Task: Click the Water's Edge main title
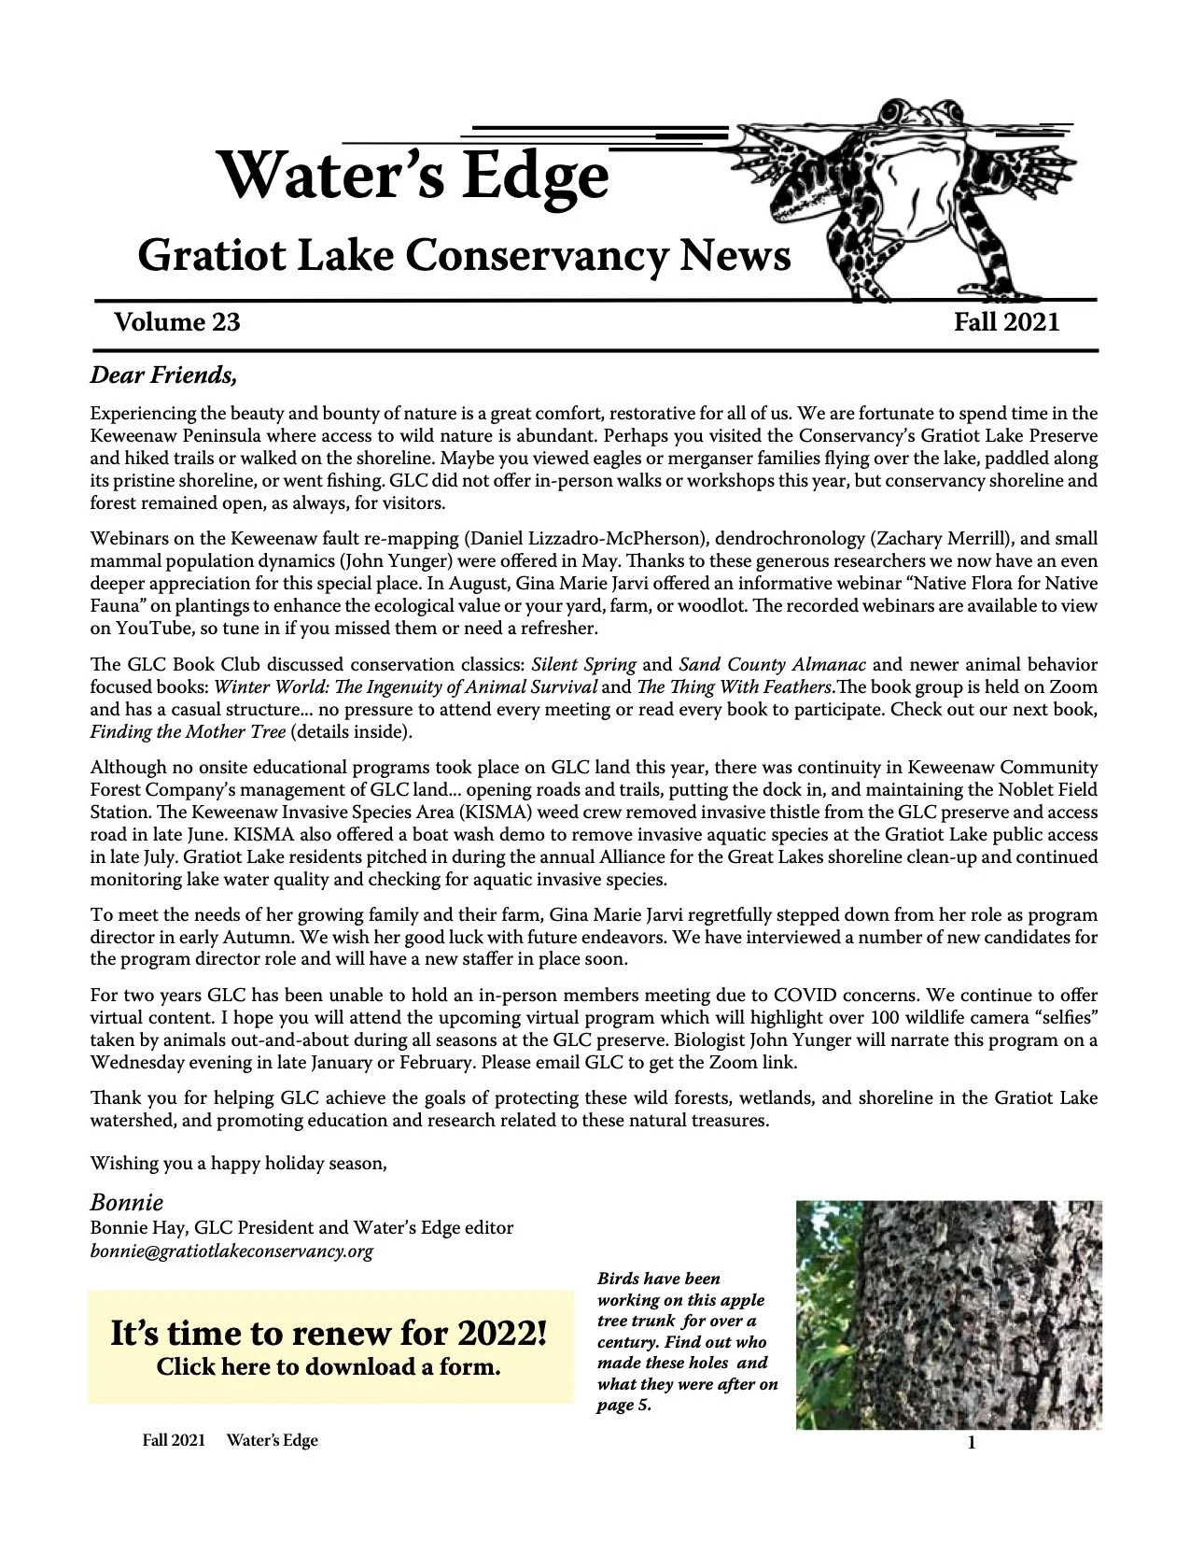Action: pos(413,176)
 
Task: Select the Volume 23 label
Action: pos(177,322)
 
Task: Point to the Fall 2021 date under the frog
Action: pos(1006,322)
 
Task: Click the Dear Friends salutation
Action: pos(163,375)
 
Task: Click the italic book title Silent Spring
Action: pos(583,665)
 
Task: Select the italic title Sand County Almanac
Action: pos(772,665)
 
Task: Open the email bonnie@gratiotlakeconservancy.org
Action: pos(231,1251)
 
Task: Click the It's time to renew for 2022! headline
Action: pos(329,1333)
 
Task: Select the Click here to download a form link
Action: pos(329,1367)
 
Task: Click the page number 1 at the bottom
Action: pos(971,1444)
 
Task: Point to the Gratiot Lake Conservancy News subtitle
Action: pos(464,256)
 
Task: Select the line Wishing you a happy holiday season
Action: pos(238,1163)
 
